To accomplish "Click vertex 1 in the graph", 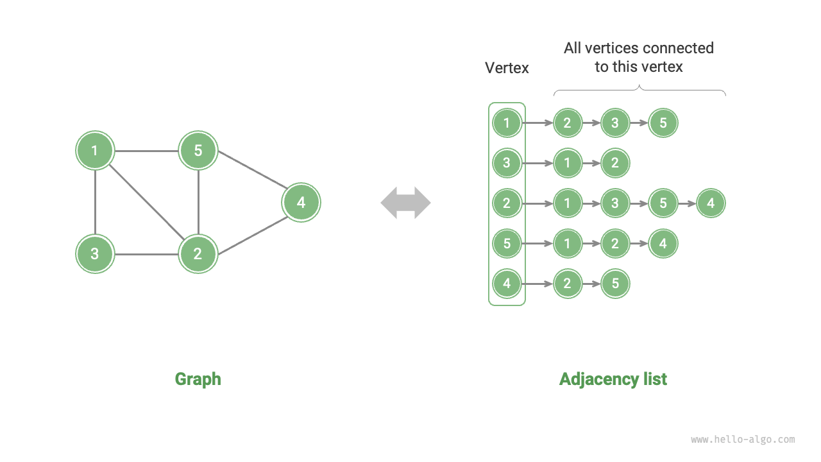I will pyautogui.click(x=95, y=151).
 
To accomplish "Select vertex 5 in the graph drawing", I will pyautogui.click(x=198, y=151).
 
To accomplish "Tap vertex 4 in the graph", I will pyautogui.click(x=301, y=203).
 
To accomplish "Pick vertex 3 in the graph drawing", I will pyautogui.click(x=95, y=254).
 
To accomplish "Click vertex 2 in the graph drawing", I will pyautogui.click(x=198, y=254).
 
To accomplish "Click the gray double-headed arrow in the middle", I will pyautogui.click(x=405, y=203).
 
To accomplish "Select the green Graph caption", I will pyautogui.click(x=198, y=379).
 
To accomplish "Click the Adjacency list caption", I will pyautogui.click(x=613, y=379).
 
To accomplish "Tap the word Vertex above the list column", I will pyautogui.click(x=507, y=68).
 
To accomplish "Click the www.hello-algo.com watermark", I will pyautogui.click(x=743, y=440).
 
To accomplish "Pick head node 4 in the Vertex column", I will pyautogui.click(x=507, y=284).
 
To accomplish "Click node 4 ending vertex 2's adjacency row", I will pyautogui.click(x=711, y=203).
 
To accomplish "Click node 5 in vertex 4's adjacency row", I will pyautogui.click(x=615, y=284).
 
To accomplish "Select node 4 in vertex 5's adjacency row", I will pyautogui.click(x=663, y=244).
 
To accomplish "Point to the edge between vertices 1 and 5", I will pyautogui.click(x=146, y=151).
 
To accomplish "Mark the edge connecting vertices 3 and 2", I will pyautogui.click(x=146, y=254).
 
